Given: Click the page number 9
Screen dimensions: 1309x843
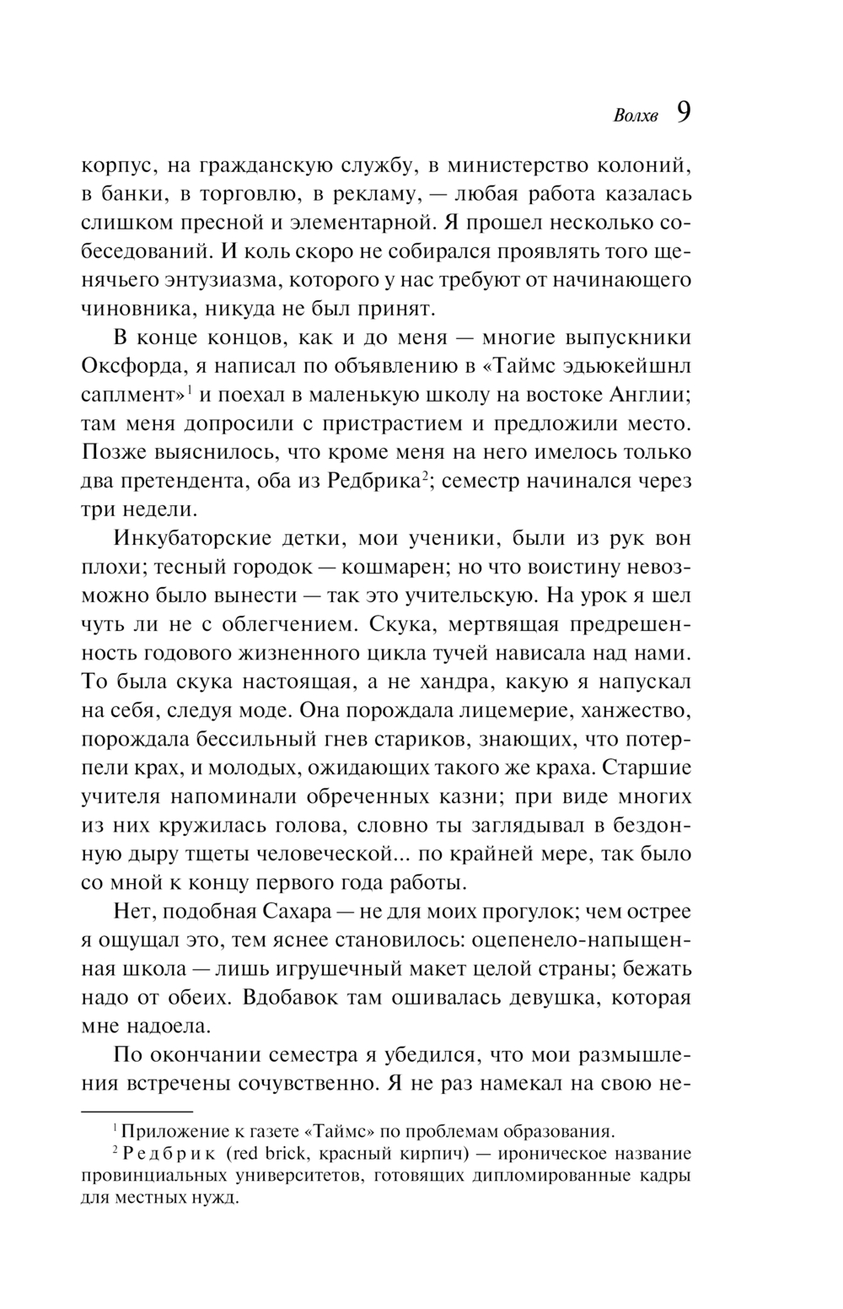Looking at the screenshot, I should pos(683,114).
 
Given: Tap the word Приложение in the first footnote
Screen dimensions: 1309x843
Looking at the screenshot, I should pos(168,1132).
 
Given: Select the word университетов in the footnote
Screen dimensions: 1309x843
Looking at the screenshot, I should pos(289,1176).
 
